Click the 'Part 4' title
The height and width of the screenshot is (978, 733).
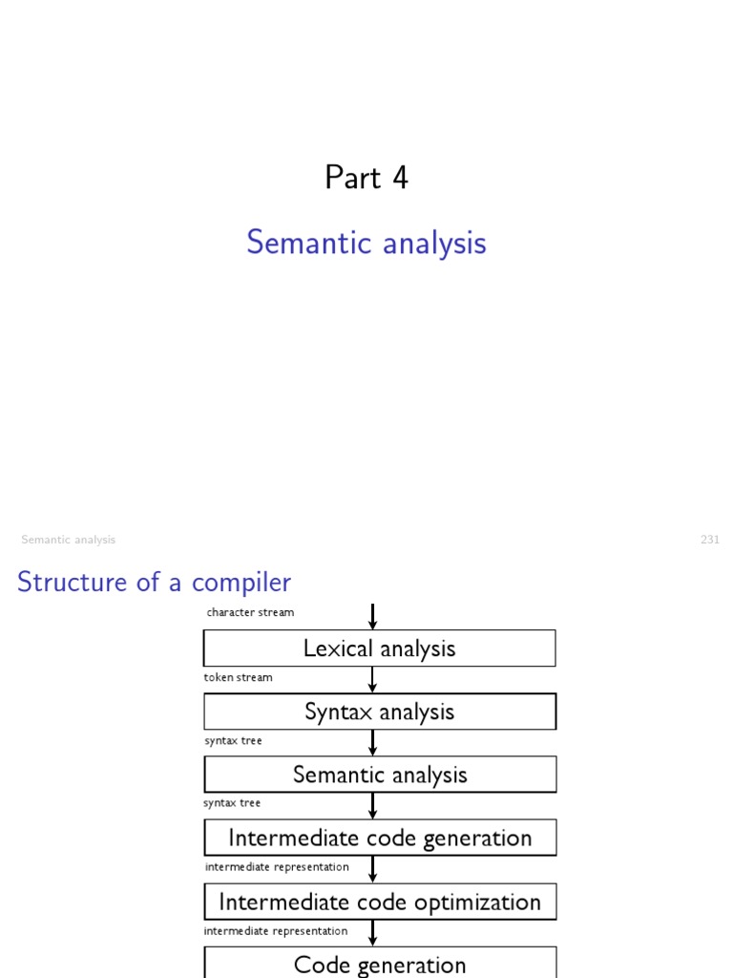(366, 178)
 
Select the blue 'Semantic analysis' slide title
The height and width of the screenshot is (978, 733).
(366, 243)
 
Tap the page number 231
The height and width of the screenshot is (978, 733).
(710, 540)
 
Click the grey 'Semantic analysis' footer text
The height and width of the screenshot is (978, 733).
(68, 540)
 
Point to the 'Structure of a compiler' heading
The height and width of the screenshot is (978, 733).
(154, 582)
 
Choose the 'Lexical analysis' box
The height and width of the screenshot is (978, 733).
(379, 648)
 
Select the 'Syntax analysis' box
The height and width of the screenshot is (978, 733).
(379, 712)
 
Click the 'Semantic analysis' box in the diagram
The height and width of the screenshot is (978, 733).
(379, 775)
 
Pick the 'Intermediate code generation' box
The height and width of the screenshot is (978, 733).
(379, 838)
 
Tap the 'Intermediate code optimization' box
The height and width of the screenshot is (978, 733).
(379, 902)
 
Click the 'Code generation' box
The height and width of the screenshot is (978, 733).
(379, 964)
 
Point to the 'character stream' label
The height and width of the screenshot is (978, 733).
(250, 612)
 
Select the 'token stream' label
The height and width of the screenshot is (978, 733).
(238, 677)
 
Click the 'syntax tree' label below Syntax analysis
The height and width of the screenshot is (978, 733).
(233, 740)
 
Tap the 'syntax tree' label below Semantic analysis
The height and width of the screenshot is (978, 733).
(232, 803)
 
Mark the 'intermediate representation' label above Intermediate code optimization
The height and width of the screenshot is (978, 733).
(277, 867)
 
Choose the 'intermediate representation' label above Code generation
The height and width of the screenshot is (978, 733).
(276, 930)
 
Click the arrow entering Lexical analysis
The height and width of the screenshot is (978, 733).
(372, 616)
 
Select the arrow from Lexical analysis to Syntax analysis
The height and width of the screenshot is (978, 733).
(372, 680)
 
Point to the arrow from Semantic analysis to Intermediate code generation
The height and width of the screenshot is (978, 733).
(372, 805)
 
